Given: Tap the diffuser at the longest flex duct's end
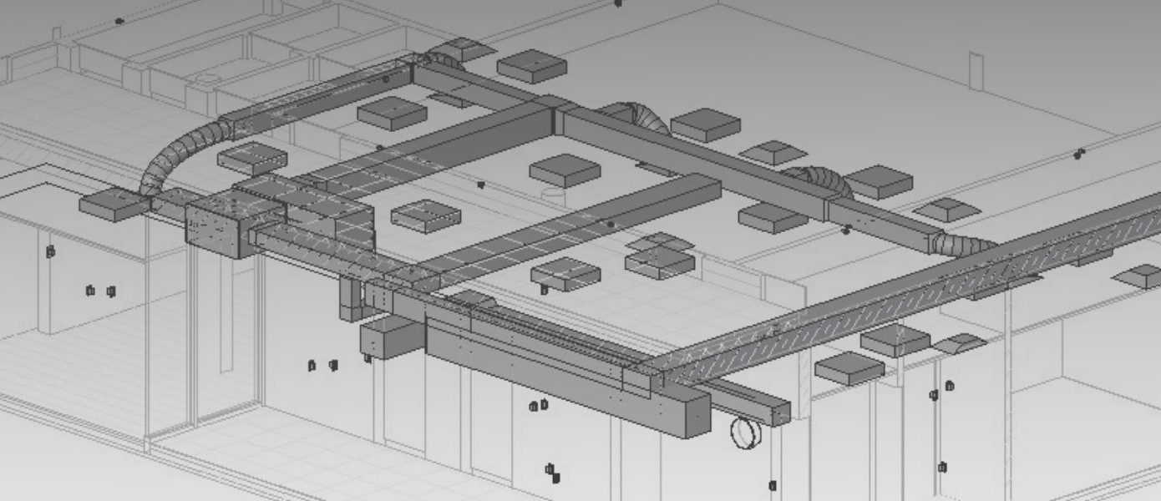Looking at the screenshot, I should click(x=109, y=204).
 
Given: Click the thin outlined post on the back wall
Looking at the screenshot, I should click(x=976, y=71).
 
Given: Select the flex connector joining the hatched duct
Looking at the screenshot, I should click(x=961, y=244).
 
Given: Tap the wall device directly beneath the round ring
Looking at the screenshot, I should click(x=773, y=485).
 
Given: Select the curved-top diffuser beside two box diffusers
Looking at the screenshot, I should click(x=961, y=343).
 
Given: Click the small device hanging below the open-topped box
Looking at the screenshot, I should click(x=367, y=358).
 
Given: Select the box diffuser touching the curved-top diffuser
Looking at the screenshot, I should click(x=895, y=339).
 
